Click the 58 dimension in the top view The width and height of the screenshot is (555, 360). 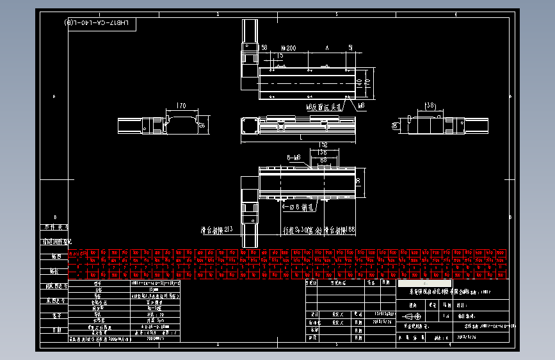(264, 47)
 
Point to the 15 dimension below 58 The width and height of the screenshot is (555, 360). (280, 56)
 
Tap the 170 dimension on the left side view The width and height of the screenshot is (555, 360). (181, 106)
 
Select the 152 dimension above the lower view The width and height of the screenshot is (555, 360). (323, 145)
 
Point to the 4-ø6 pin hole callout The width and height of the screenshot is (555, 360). (298, 208)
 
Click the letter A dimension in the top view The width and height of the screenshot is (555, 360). (326, 48)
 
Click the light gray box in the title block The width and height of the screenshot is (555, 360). (424, 283)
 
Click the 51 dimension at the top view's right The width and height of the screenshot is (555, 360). (350, 48)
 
